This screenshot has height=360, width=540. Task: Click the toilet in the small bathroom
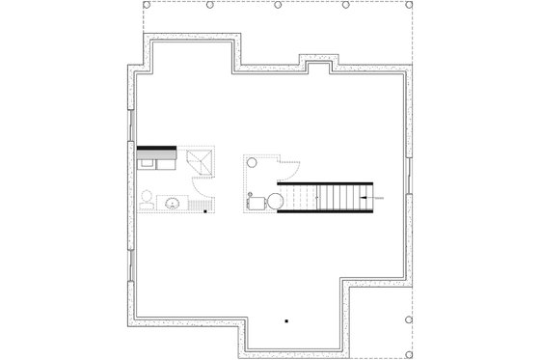(147, 201)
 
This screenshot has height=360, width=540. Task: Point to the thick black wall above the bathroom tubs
(156, 148)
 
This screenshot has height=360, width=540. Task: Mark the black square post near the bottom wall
(286, 318)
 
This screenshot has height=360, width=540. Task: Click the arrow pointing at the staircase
(365, 198)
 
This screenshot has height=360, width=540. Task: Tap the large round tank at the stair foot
(275, 201)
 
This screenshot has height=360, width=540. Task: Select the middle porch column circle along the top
(278, 5)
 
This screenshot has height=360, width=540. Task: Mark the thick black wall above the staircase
(324, 183)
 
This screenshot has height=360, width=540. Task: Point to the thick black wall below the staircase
(326, 213)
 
